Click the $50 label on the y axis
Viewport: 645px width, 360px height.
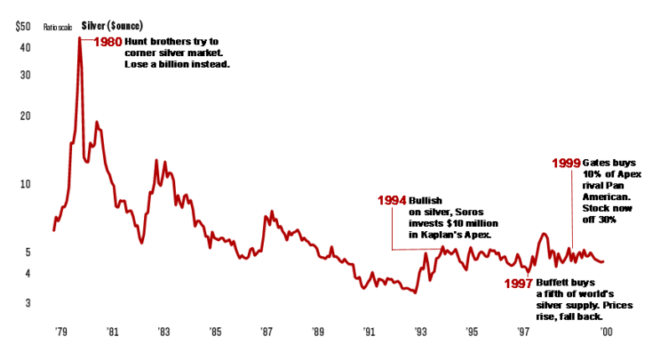point(23,27)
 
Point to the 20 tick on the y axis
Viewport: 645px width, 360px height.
point(25,115)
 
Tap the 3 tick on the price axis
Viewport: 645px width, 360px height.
point(28,302)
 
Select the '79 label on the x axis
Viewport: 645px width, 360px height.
point(61,332)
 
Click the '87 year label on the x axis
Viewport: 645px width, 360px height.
point(267,332)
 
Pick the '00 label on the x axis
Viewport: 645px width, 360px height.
point(601,332)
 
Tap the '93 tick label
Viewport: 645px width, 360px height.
point(421,332)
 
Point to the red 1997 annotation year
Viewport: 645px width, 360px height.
point(519,283)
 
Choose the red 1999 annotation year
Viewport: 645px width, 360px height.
point(565,162)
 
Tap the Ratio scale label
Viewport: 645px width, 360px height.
point(59,28)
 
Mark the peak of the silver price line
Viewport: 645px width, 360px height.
point(80,38)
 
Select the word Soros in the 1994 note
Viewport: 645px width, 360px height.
point(467,213)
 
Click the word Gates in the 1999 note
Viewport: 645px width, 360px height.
point(596,162)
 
